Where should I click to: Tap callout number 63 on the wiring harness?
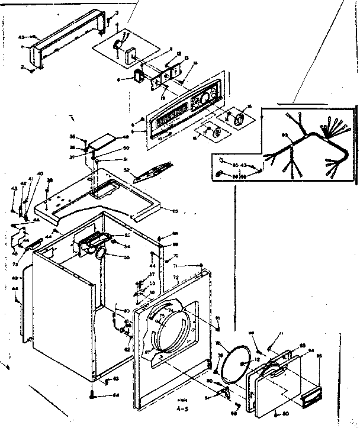[285, 136]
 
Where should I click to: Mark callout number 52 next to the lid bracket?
[126, 169]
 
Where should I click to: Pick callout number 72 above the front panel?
[175, 277]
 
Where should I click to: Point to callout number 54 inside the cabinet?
[126, 246]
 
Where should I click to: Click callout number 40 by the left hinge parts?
[40, 173]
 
